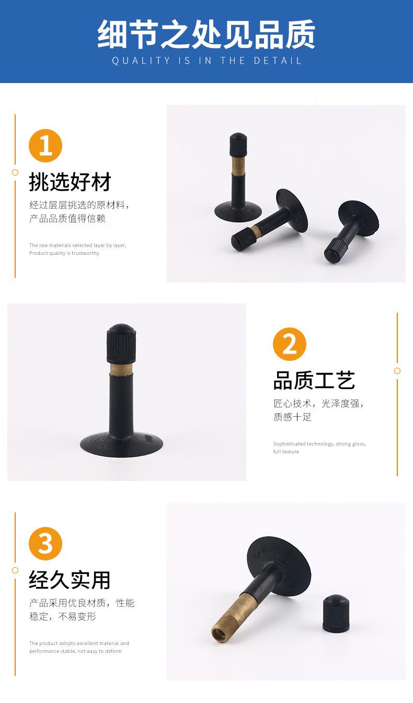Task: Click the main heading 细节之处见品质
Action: [206, 34]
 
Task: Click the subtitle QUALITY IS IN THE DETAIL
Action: [206, 61]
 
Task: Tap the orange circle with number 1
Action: [45, 146]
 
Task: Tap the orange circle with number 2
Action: [290, 344]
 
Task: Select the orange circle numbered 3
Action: [45, 544]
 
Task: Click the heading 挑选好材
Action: [70, 182]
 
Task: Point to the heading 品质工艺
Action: [314, 381]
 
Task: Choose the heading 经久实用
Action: [70, 580]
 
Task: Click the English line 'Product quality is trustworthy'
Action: [64, 253]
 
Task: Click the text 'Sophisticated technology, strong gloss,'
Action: [319, 444]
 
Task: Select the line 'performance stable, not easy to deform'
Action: [75, 651]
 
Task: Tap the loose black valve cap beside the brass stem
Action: [336, 613]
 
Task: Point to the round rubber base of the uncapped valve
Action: [278, 566]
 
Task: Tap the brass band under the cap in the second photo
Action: [121, 368]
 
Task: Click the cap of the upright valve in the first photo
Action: [238, 145]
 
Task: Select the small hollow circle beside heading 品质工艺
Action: [397, 371]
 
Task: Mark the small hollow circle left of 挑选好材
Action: [15, 172]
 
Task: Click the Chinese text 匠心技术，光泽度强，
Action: [318, 403]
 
